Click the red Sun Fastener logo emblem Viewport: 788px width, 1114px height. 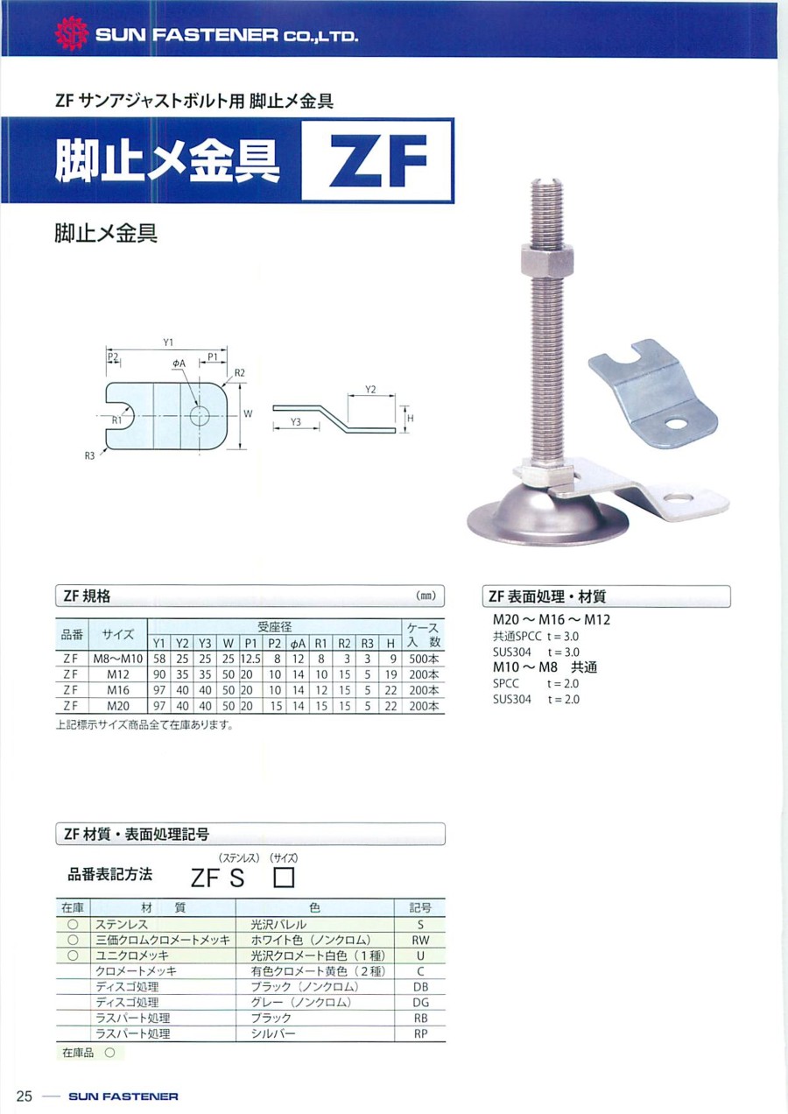point(72,34)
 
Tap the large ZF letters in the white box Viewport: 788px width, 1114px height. point(379,160)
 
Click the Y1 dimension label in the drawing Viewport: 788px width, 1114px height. point(168,342)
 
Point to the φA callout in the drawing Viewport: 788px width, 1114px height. point(179,363)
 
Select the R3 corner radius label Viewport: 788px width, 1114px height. point(89,455)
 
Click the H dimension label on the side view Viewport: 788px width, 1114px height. point(411,419)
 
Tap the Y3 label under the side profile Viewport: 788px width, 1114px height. point(296,422)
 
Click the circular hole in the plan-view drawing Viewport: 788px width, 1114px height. point(200,415)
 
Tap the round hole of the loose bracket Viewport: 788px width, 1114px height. point(675,424)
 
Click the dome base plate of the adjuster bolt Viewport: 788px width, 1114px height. point(547,517)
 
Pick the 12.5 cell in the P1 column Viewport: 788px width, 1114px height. point(251,659)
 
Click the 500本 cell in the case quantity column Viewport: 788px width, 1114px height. point(424,659)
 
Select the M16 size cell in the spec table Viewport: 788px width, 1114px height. point(118,690)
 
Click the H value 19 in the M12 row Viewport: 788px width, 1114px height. point(390,675)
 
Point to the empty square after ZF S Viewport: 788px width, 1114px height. point(285,878)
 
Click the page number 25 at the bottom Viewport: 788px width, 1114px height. point(24,1096)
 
